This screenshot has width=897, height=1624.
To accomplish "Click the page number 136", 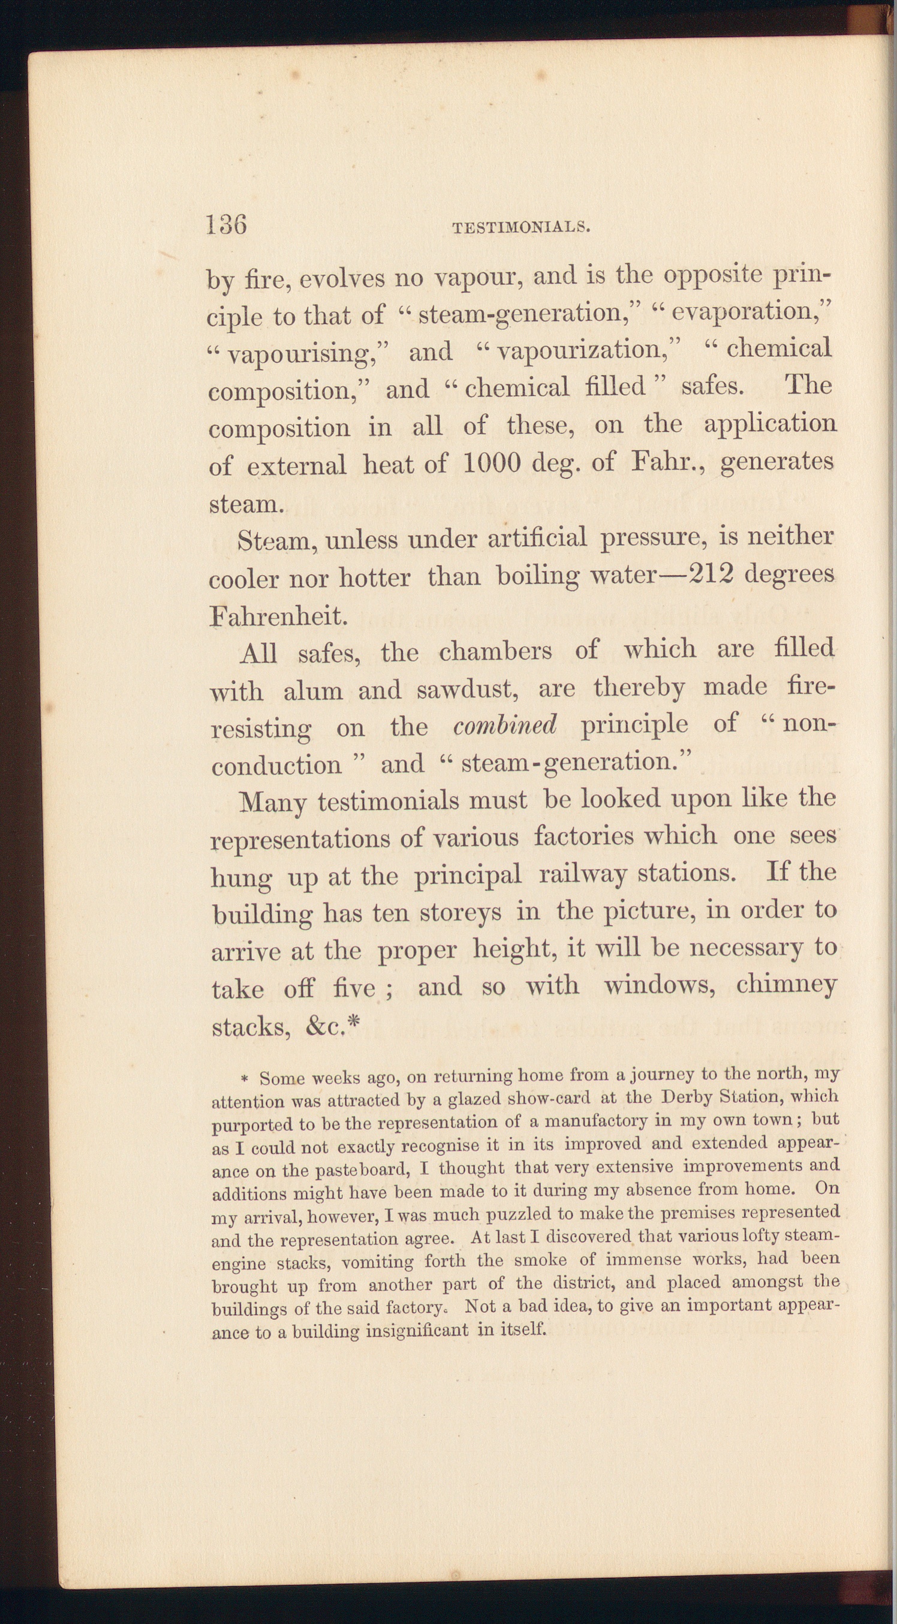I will (x=226, y=224).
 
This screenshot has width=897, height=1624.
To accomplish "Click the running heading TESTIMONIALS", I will (x=520, y=227).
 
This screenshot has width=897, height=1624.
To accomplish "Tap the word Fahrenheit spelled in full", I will (x=278, y=615).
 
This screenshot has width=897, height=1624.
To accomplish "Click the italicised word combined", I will (x=505, y=725).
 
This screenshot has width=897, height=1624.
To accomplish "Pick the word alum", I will (x=312, y=691).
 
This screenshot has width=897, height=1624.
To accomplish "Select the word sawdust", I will (x=467, y=690).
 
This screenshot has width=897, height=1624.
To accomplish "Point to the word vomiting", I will (x=378, y=1263).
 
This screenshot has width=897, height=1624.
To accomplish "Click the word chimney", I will (x=786, y=984).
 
